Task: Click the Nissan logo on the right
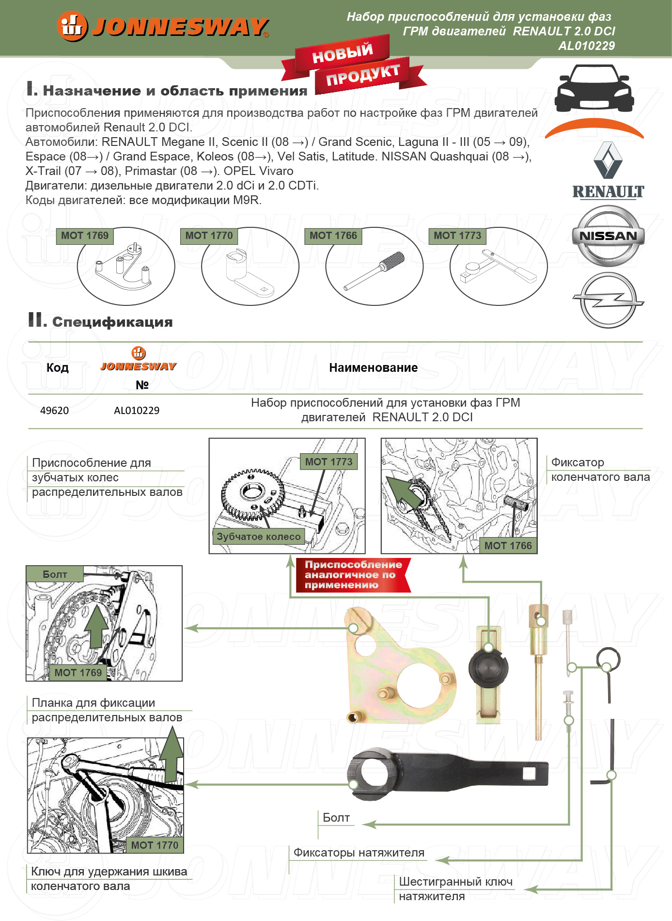coord(608,236)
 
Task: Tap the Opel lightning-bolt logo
coord(608,300)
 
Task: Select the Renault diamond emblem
coord(608,160)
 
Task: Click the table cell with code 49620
coord(54,411)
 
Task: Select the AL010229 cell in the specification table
coord(137,411)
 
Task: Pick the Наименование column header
coord(373,368)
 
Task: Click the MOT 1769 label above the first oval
coord(85,236)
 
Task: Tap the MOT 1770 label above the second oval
coord(209,236)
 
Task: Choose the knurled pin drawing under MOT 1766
coord(375,271)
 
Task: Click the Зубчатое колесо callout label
coord(259,537)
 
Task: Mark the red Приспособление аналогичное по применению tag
coord(353,575)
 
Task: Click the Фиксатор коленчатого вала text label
coord(600,470)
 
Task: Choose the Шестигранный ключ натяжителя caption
coord(455,889)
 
